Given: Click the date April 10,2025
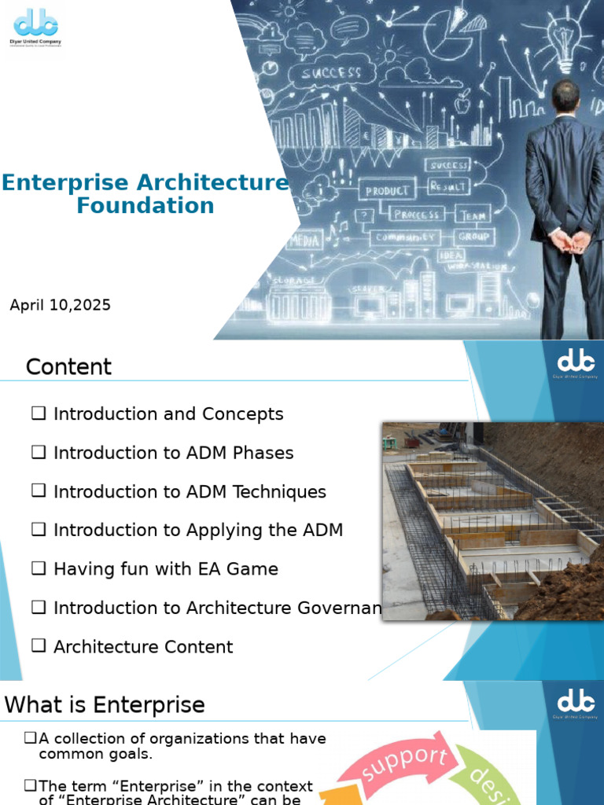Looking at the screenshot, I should tap(60, 305).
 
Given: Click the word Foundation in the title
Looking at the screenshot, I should tap(145, 206).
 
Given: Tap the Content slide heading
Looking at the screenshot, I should tap(68, 366).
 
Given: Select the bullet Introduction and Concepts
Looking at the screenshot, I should tap(168, 414).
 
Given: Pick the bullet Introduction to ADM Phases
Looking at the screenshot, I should tap(173, 453).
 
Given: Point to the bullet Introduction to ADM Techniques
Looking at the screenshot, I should tap(189, 491).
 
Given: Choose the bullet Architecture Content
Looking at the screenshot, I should tap(142, 646).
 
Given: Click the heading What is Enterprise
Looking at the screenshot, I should tap(105, 704).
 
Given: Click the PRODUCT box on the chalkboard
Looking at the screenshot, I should tap(387, 190).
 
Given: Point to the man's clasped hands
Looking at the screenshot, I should tap(568, 239).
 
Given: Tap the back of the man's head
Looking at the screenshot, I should tap(565, 96).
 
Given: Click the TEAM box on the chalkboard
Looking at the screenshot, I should tap(473, 215).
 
